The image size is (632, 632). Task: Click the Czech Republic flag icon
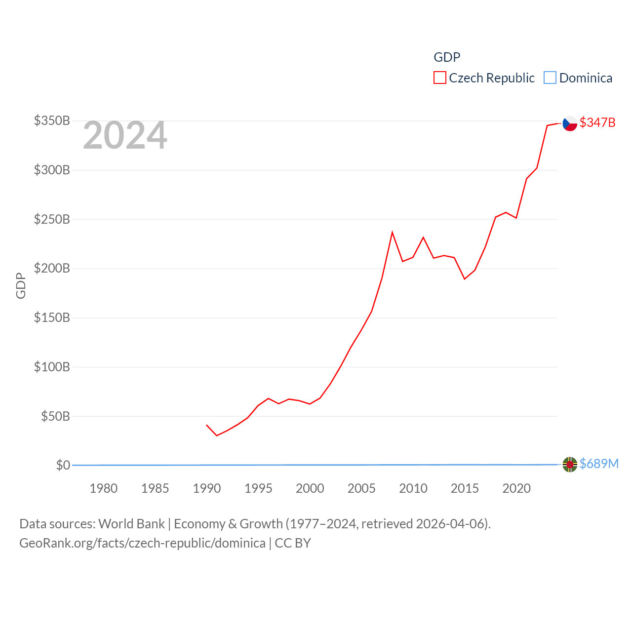coord(570,123)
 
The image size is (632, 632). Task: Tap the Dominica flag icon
coord(570,465)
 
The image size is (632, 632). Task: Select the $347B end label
coord(597,122)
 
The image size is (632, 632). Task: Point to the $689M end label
coord(599,464)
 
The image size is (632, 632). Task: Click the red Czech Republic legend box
coord(439,78)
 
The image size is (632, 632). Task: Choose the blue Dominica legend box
coord(550,78)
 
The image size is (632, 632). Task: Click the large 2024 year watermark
coord(125,135)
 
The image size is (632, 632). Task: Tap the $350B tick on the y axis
coord(52,120)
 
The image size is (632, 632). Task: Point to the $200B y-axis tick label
coord(52,268)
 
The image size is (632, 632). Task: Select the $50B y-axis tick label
coord(55,416)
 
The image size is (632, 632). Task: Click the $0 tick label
coord(63,465)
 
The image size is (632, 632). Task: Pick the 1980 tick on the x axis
coord(103,488)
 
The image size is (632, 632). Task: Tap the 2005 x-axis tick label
coord(361,488)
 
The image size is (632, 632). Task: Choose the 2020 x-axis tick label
coord(516,488)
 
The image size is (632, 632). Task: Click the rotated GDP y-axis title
coord(21,285)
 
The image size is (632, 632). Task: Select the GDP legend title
coord(447,57)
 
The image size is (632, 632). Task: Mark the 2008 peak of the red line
coord(392,232)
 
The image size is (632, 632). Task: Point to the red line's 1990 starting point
coord(207,425)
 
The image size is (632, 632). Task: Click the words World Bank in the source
coord(131,523)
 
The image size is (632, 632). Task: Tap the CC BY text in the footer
coord(293,543)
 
